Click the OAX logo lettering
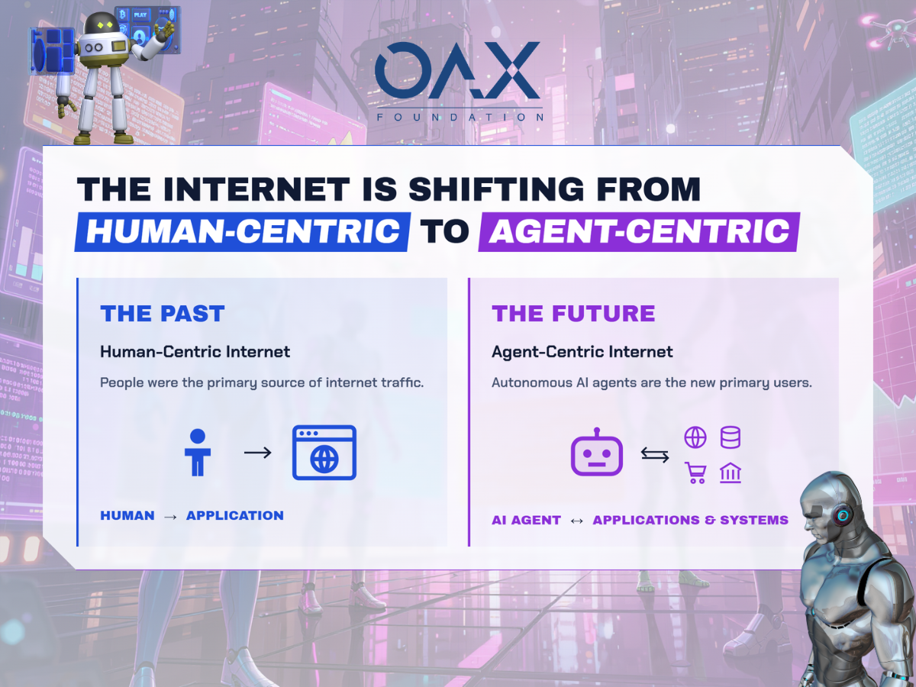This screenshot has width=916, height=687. coord(457,69)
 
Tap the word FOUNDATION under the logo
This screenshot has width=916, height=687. coord(460,118)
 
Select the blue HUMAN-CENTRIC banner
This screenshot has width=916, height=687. coord(243,232)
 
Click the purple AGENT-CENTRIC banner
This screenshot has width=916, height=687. coord(639,232)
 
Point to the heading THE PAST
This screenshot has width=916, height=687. coord(163,314)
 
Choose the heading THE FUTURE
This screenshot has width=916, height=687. coord(573,314)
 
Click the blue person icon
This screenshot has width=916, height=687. coord(198,453)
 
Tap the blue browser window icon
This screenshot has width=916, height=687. coord(324,453)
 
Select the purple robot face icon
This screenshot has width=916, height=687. coord(597,452)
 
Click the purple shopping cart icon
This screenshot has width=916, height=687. coord(695,473)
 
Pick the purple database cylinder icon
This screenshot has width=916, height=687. coord(731,437)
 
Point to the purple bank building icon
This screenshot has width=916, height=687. coord(731,473)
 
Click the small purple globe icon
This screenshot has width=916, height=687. coord(695,437)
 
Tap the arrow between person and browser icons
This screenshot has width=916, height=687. coord(258,453)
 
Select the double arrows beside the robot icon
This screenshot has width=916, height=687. coord(655,455)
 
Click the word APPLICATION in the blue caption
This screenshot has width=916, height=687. coord(235,515)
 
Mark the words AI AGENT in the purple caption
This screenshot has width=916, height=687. coord(526,520)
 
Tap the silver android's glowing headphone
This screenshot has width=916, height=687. coord(843,515)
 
